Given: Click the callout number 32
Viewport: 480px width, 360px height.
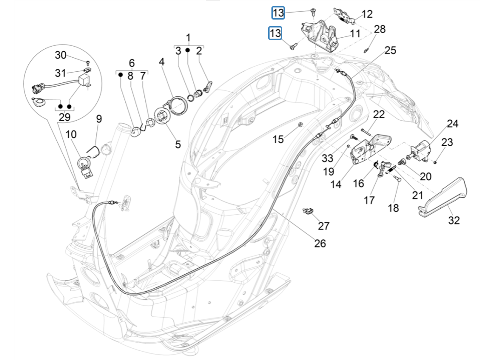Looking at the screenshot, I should [454, 221].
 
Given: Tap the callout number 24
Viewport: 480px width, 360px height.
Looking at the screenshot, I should [452, 124].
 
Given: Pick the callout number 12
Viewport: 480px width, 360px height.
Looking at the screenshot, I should [367, 14].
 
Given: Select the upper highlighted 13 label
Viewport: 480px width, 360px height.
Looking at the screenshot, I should [278, 13].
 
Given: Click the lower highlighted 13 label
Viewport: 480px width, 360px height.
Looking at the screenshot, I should [275, 34].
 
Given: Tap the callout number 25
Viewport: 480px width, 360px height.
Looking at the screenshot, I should [390, 50].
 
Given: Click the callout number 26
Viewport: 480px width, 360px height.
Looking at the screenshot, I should [320, 243].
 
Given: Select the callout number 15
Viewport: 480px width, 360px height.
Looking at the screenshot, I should [277, 139].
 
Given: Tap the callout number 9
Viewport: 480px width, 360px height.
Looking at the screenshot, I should [99, 119].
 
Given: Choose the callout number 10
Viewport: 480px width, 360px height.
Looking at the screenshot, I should [71, 135].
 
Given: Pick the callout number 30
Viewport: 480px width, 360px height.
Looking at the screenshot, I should [61, 55].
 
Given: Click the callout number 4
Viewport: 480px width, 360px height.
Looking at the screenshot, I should [162, 62].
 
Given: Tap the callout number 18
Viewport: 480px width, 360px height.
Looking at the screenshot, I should [393, 208].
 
